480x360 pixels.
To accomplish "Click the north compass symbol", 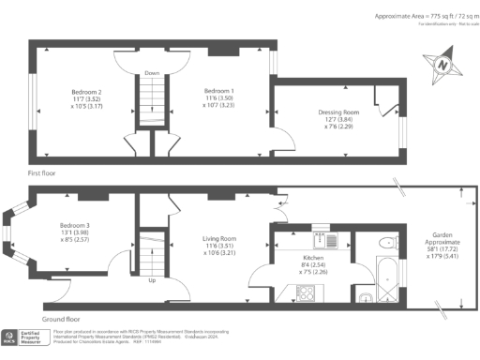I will click(442, 64).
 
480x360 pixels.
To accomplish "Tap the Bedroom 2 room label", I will click(86, 92).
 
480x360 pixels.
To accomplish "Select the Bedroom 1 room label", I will click(218, 92).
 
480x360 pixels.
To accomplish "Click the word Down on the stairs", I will click(151, 72).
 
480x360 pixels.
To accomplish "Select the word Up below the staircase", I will click(152, 279).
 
